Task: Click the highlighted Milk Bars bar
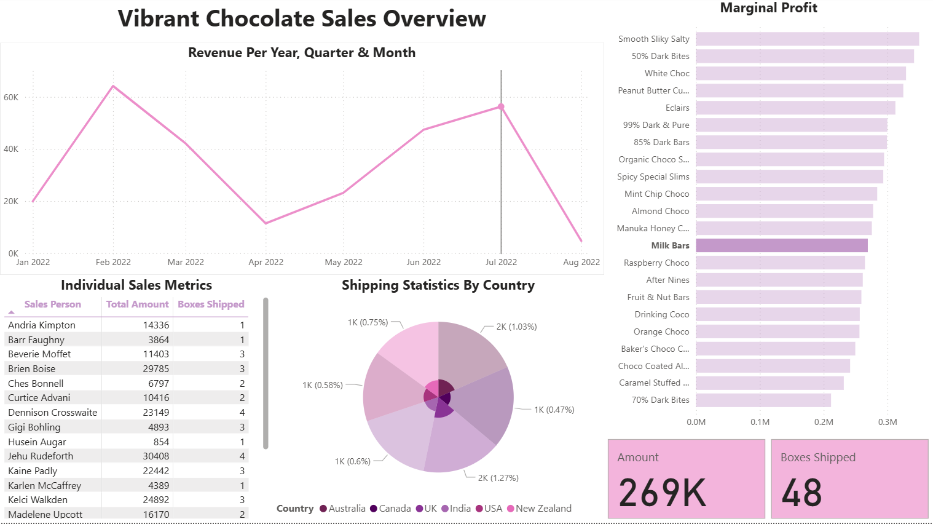[781, 245]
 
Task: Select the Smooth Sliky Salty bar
[807, 39]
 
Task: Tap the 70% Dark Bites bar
[763, 400]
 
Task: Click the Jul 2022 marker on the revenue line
[501, 107]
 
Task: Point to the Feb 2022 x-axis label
[113, 262]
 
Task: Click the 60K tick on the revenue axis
[11, 97]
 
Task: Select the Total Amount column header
[137, 304]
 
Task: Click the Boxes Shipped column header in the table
[211, 304]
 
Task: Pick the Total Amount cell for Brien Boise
[156, 369]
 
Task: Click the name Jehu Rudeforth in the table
[41, 456]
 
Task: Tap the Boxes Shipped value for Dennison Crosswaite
[242, 413]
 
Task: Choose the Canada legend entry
[390, 509]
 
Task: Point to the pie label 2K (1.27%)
[498, 478]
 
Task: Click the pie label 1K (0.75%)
[368, 322]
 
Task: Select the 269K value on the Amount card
[663, 493]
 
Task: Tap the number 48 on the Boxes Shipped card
[802, 493]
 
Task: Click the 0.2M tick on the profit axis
[824, 422]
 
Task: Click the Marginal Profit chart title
[768, 8]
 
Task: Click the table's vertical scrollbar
[266, 373]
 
